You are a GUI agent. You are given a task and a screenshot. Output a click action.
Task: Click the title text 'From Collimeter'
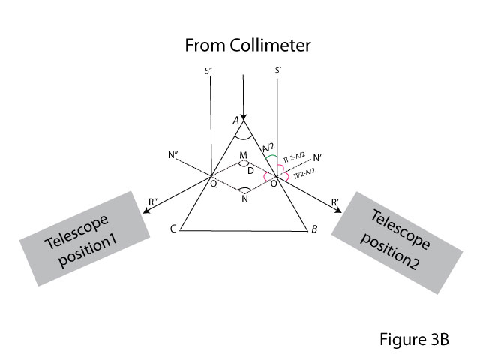[248, 46]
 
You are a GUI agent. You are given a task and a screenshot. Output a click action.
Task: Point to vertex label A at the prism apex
[235, 119]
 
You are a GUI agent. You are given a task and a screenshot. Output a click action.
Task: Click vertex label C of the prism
[173, 229]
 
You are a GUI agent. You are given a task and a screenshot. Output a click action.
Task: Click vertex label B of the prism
[313, 230]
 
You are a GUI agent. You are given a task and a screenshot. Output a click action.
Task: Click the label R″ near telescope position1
[153, 200]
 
